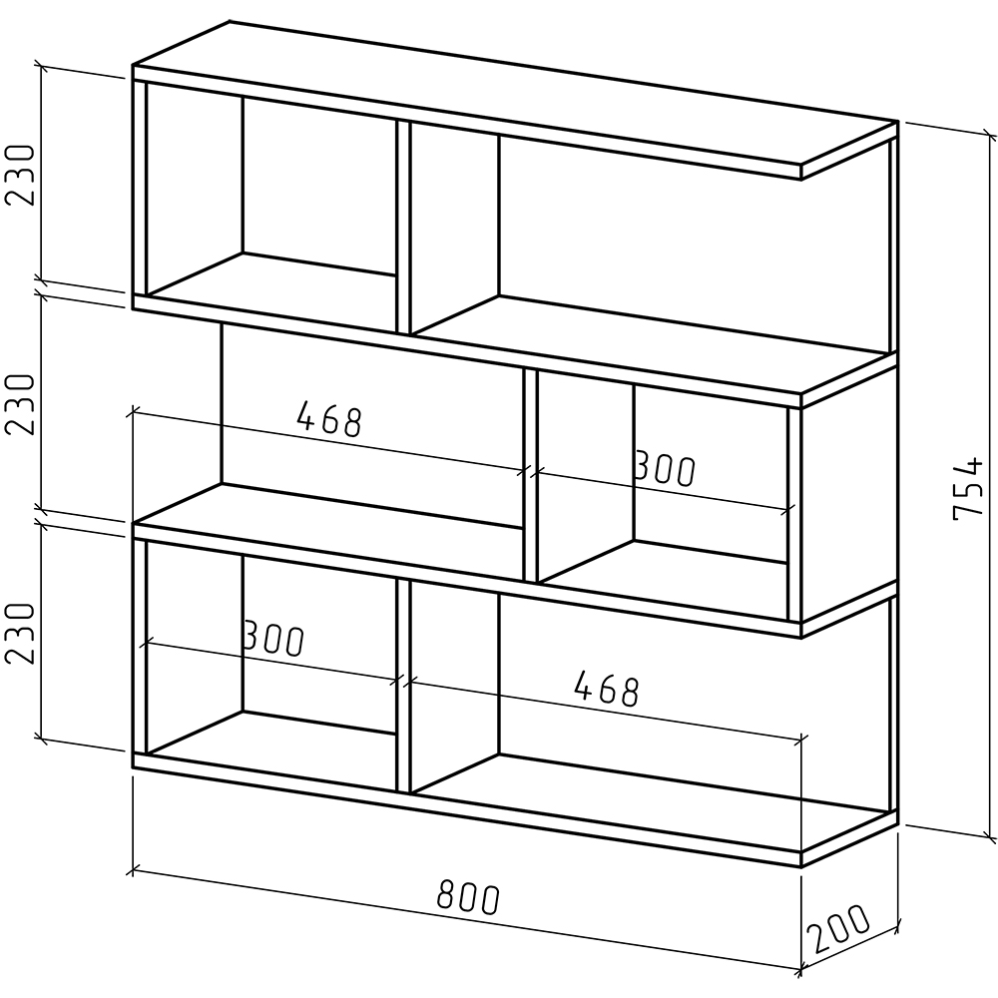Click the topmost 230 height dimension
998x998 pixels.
(19, 175)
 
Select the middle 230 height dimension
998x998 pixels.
(19, 404)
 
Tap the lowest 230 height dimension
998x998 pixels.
(19, 634)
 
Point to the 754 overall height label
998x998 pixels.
(968, 488)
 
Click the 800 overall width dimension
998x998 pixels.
(468, 898)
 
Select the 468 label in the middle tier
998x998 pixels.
(329, 419)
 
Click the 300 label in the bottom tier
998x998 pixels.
(274, 639)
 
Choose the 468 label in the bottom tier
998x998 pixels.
(606, 689)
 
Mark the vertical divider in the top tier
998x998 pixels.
(403, 227)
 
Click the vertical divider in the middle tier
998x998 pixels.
(531, 475)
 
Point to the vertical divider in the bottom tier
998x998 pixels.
(403, 686)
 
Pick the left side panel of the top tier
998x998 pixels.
(140, 188)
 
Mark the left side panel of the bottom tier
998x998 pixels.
(140, 646)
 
